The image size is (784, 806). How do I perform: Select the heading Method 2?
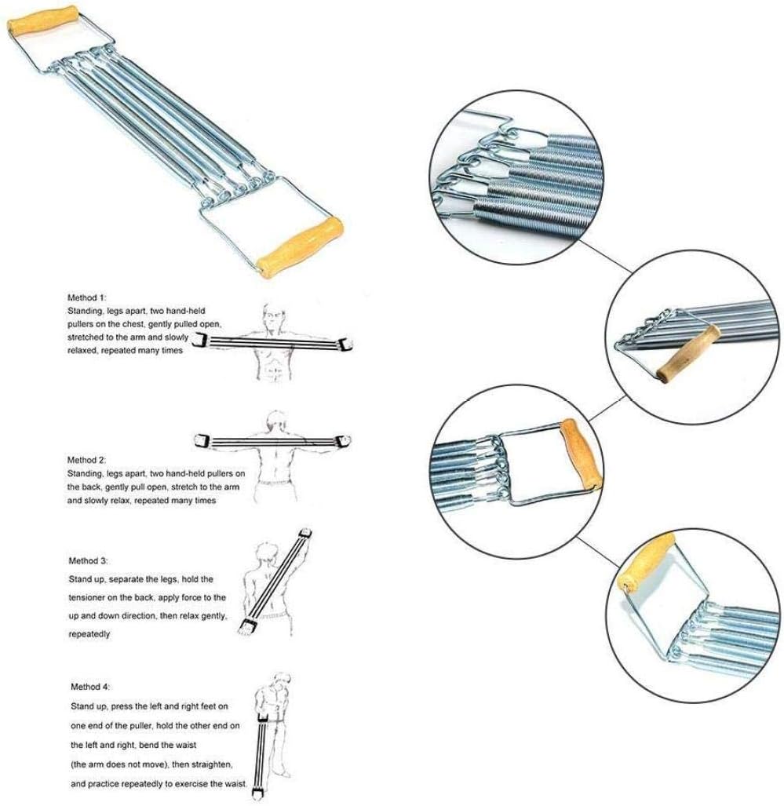pos(87,459)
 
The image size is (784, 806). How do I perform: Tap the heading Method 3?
pos(88,561)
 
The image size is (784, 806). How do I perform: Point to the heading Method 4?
pos(91,687)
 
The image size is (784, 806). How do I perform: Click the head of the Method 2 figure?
pos(275,418)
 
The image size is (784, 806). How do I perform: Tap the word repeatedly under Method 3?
pos(89,633)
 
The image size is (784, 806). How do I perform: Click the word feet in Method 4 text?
pos(216,707)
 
